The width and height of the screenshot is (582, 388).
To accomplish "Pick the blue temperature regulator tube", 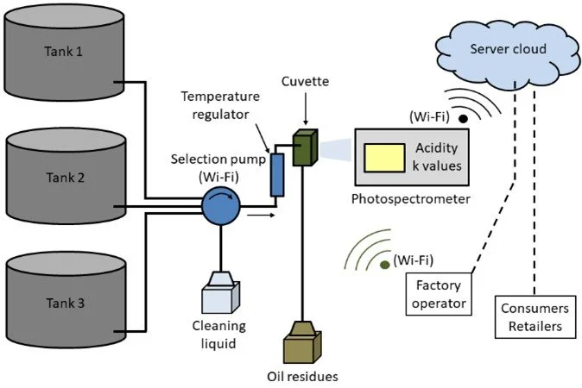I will pyautogui.click(x=277, y=175).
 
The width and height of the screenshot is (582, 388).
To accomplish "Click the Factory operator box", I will pyautogui.click(x=437, y=293).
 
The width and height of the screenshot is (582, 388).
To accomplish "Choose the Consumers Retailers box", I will pyautogui.click(x=536, y=317).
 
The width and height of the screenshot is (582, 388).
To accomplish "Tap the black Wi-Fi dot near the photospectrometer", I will pyautogui.click(x=463, y=118).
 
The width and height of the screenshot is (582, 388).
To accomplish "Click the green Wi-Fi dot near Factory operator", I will pyautogui.click(x=383, y=263).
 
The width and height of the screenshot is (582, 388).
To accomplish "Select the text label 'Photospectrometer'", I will pyautogui.click(x=409, y=200).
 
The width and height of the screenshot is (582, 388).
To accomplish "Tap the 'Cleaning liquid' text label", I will pyautogui.click(x=219, y=334).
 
